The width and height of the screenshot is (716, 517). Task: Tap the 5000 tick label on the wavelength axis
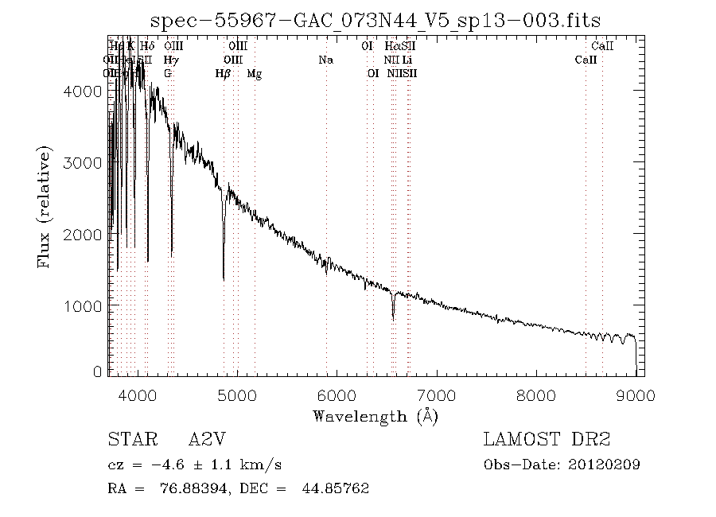pos(237,396)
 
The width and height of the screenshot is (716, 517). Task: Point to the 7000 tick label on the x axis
pos(436,396)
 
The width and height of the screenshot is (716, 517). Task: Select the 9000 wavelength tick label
pos(635,396)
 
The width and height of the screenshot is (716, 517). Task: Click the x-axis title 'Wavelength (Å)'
pos(376,416)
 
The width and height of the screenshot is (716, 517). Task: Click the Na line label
pos(325,60)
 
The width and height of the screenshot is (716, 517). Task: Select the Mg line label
pos(255,74)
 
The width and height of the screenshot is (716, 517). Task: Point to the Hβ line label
pos(224,74)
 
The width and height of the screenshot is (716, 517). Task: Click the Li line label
pos(407,60)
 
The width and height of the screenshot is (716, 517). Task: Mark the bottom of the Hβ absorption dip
pos(224,279)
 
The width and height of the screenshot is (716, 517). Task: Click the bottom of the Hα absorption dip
pos(393,319)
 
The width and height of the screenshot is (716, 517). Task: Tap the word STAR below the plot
pos(128,440)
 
